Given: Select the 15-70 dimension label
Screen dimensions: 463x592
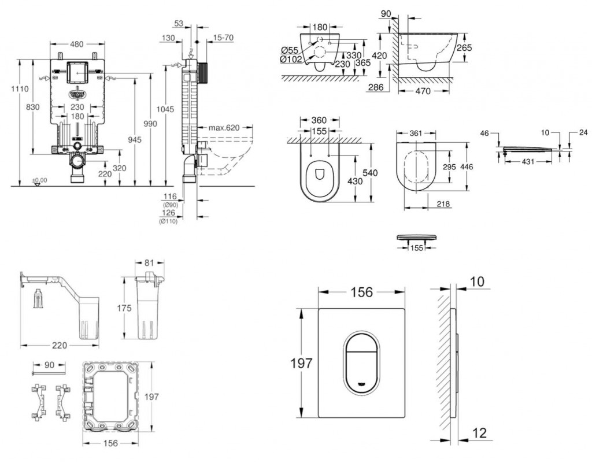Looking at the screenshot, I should (x=223, y=37).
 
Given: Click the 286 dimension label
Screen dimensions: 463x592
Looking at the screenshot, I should (x=377, y=86).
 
